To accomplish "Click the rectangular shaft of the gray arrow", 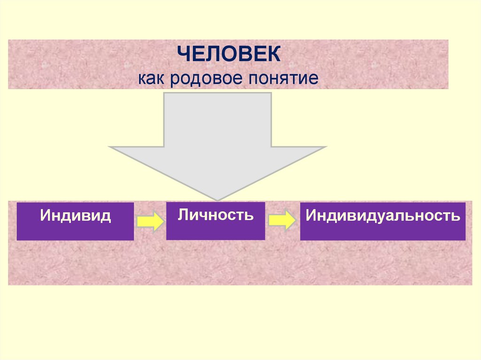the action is pos(217,120).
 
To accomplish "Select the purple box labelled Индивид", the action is pos(75,221).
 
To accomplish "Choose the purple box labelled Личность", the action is pos(216,221).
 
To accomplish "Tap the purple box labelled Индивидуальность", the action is pos(382,221).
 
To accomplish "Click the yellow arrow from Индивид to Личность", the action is pos(150,221).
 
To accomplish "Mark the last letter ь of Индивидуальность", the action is pos(455,216).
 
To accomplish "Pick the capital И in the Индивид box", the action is pos(45,216).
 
